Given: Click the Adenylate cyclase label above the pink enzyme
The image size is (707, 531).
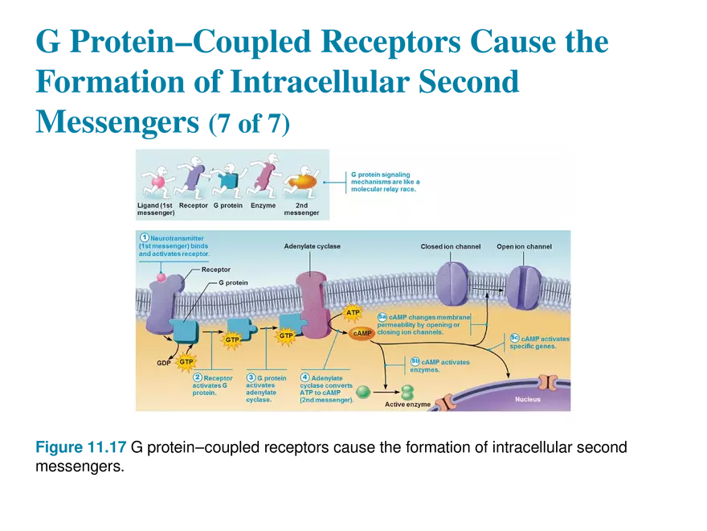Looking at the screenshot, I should click(312, 246).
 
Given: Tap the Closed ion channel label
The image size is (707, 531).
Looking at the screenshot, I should click(450, 246).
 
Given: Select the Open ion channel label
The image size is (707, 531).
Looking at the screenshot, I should click(524, 246).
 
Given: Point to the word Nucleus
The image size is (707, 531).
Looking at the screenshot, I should click(528, 399).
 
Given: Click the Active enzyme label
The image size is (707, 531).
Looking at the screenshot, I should click(407, 405).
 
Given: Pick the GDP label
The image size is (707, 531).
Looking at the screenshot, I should click(164, 363).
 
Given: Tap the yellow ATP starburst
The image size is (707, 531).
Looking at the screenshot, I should click(352, 312).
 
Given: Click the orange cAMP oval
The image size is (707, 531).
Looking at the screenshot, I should click(362, 333).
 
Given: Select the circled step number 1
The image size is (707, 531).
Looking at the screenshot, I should click(145, 237).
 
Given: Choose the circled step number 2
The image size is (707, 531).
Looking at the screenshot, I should click(197, 377).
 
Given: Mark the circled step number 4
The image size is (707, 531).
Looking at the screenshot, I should click(304, 377).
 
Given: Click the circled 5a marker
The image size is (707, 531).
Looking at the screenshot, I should click(382, 316).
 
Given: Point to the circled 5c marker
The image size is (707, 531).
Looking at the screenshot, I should click(514, 338).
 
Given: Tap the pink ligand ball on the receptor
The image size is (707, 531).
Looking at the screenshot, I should click(161, 278).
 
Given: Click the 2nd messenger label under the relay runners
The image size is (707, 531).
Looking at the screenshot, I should click(301, 209).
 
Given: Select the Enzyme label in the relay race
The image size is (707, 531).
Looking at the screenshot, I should click(263, 205).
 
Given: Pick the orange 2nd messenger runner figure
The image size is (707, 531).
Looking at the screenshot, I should click(302, 181).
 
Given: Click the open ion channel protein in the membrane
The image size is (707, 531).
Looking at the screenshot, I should click(523, 287).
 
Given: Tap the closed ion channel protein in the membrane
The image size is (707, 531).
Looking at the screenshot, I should click(452, 283).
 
